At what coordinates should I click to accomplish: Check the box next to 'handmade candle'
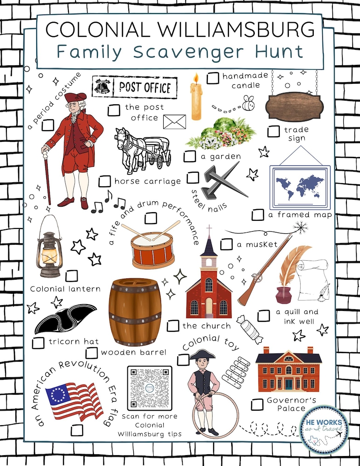213,78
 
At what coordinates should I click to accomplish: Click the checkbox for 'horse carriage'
105,181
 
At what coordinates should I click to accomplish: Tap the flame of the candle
196,80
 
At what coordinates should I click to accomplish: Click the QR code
150,388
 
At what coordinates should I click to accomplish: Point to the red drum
153,250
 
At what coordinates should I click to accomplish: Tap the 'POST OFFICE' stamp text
145,87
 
